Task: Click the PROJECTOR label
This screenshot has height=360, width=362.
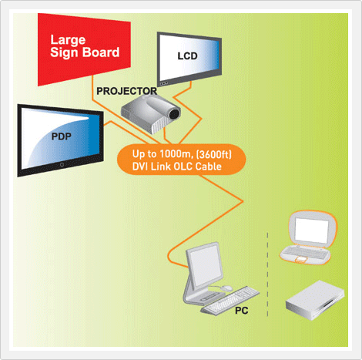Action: point(126,91)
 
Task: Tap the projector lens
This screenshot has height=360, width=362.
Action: point(175,113)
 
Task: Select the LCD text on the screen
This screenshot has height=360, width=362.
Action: point(187,56)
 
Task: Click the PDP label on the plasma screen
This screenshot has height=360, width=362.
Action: point(62,136)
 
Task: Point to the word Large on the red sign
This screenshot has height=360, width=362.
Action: point(68,40)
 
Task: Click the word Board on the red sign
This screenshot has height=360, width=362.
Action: point(101,52)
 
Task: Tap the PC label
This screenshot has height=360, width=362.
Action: point(242,311)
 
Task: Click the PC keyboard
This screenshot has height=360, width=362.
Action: point(230,300)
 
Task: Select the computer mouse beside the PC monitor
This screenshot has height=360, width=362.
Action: point(226,288)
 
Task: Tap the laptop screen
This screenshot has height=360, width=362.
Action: point(311,230)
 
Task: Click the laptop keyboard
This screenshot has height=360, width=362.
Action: point(305,253)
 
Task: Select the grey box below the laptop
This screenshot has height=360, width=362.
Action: point(315,300)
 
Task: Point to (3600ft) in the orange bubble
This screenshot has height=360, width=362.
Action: point(214,154)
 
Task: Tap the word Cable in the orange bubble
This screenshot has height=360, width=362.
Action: point(209,167)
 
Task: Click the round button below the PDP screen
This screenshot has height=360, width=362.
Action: point(62,164)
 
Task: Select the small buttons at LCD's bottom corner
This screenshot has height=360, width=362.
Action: point(164,83)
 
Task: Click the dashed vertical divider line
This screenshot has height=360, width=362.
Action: point(267,274)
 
